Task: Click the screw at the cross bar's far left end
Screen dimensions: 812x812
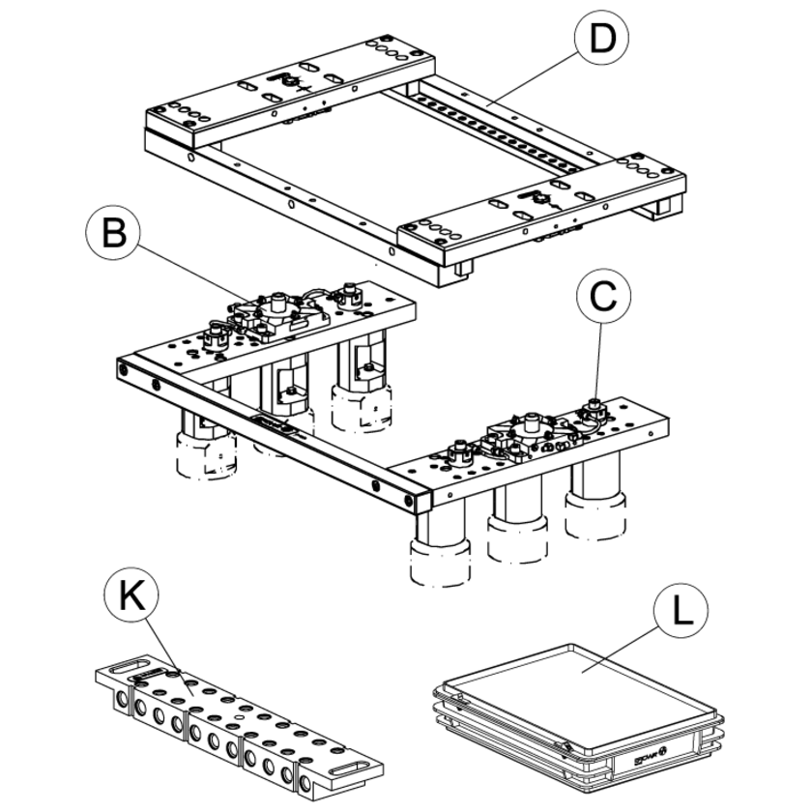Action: (123, 369)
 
